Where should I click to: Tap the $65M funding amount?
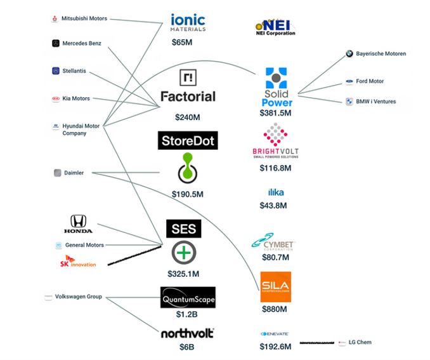click(183, 43)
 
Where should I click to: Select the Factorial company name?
click(188, 97)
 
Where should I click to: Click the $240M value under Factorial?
click(188, 117)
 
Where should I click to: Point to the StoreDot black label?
click(188, 141)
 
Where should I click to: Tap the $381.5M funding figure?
click(275, 113)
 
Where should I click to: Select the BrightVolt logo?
click(276, 142)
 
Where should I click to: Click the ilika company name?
click(276, 192)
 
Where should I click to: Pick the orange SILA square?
click(276, 286)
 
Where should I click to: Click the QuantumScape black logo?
click(188, 297)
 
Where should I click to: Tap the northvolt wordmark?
click(187, 333)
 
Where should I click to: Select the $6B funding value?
click(186, 348)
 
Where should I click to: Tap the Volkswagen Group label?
click(78, 297)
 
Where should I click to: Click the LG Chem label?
click(360, 342)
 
